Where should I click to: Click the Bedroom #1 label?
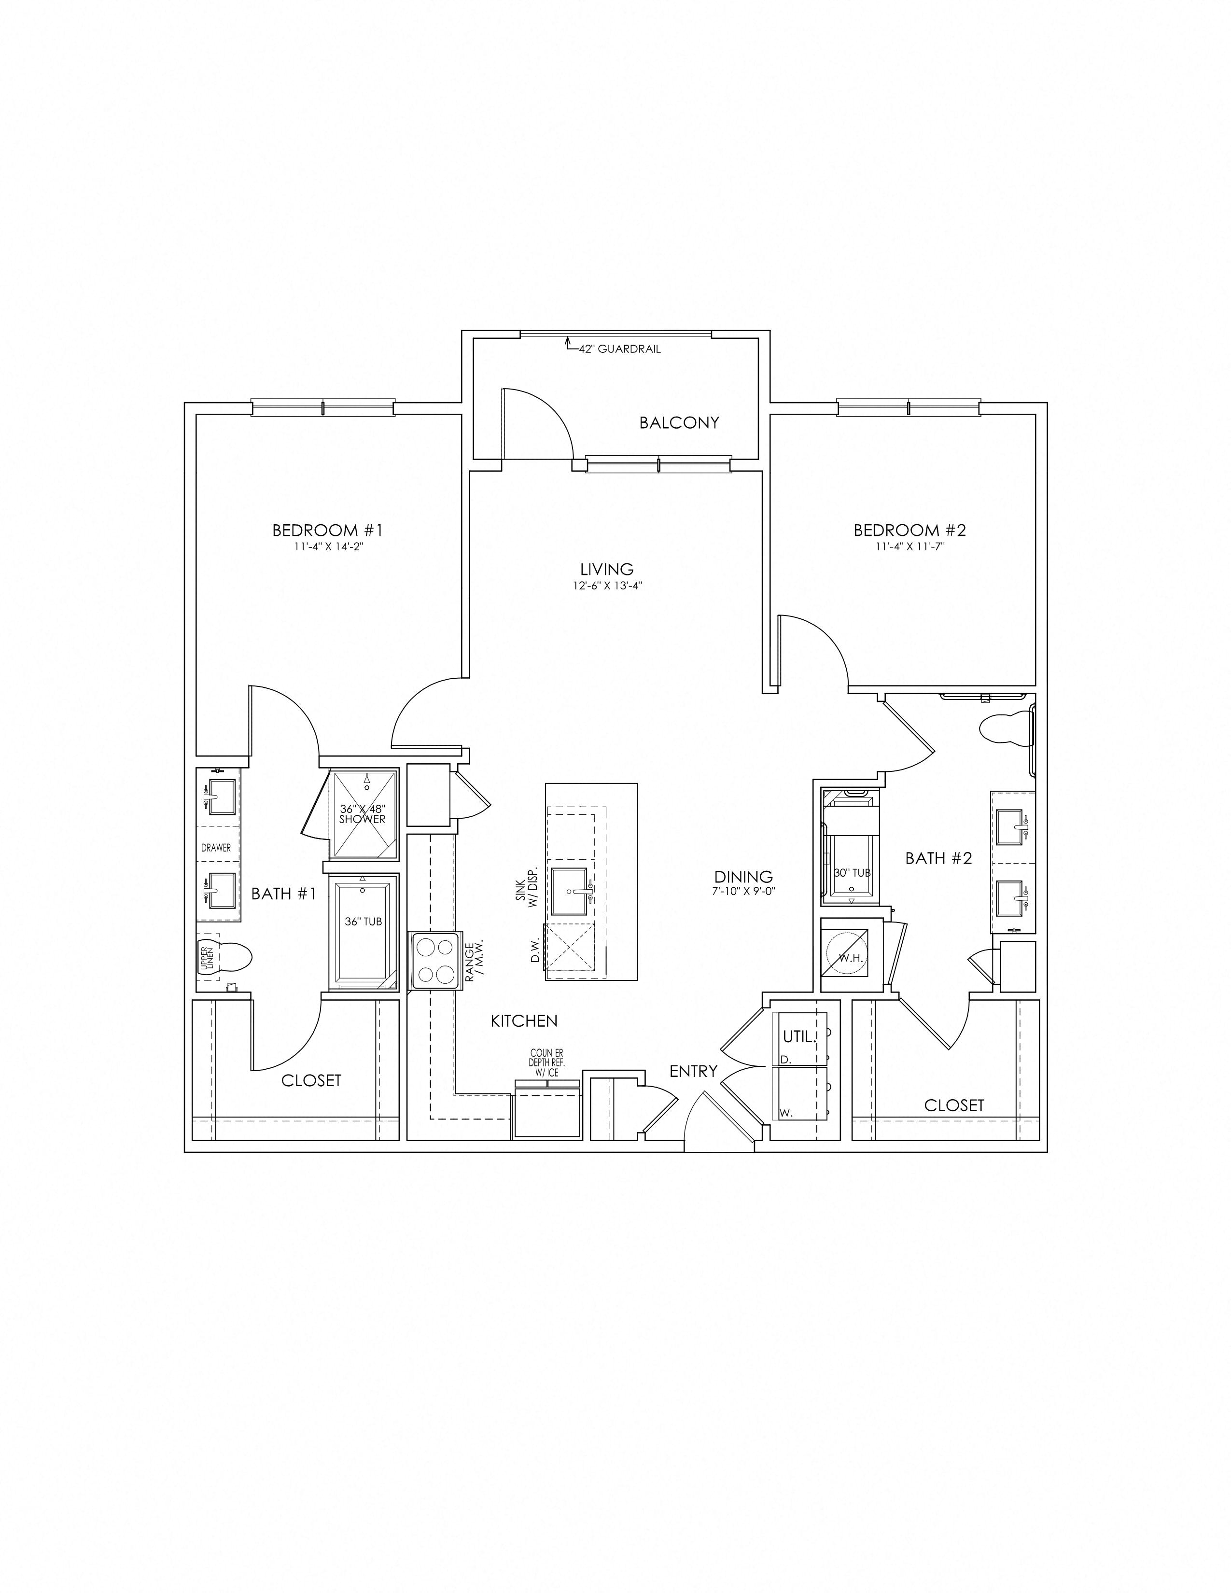[327, 530]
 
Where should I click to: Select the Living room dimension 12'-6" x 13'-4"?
[607, 584]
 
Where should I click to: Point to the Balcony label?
[679, 422]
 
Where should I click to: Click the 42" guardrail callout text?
[620, 349]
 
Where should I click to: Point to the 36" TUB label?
[363, 921]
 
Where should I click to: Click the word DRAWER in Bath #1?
[216, 848]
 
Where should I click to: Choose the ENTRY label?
[694, 1071]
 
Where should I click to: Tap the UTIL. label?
[798, 1036]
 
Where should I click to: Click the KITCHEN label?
[524, 1021]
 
